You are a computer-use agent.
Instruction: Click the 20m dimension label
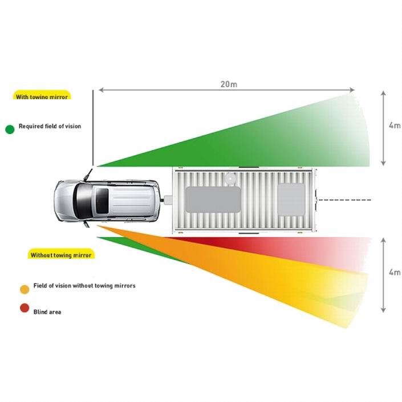coord(229,84)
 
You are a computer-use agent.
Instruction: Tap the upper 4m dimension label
coord(395,125)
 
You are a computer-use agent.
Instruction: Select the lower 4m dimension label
coord(395,272)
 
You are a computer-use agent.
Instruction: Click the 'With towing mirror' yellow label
coord(42,95)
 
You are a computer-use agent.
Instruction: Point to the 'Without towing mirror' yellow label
coord(61,254)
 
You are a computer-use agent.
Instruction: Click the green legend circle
coord(10,129)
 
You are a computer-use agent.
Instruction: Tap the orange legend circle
coord(25,290)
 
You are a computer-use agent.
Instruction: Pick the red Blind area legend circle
coord(25,308)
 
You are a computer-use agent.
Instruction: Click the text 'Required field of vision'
coord(50,126)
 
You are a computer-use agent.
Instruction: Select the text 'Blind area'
coord(47,312)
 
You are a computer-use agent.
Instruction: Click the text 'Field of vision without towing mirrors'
coord(84,286)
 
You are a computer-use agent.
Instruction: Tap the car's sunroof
coord(102,201)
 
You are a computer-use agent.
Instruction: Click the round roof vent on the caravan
coord(230,178)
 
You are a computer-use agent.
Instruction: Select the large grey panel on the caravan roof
coord(213,200)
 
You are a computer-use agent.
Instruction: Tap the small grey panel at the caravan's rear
coord(291,199)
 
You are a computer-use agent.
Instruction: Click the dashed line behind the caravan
coord(344,200)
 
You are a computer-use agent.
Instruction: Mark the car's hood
coord(64,201)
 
